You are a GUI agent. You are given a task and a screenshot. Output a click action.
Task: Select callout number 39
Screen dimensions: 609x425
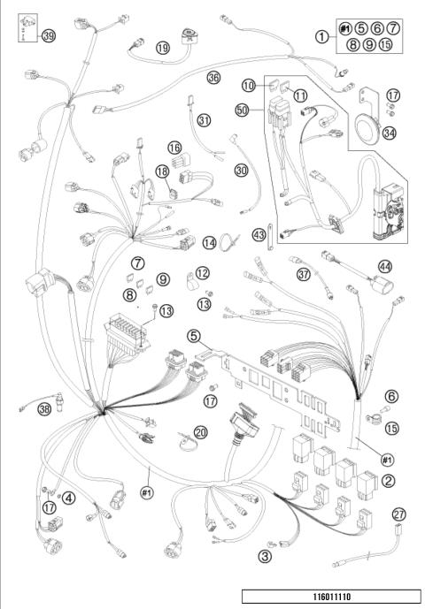[x=49, y=36]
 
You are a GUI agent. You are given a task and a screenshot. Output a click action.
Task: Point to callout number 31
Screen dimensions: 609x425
[x=205, y=119]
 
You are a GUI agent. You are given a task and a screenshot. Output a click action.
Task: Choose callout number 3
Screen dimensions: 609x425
[x=264, y=557]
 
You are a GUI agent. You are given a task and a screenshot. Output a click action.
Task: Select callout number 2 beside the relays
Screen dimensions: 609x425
[x=388, y=481]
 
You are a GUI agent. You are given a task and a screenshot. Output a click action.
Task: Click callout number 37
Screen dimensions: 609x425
[x=303, y=275]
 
